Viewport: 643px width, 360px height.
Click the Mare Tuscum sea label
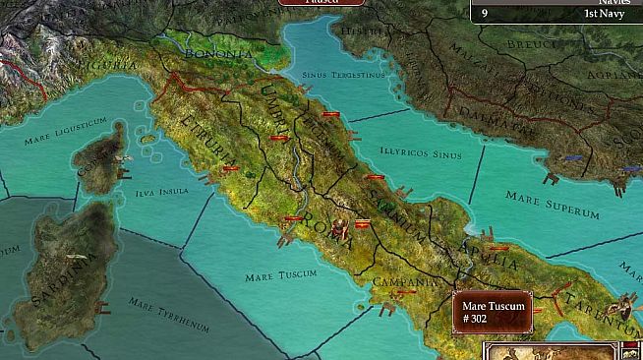273,276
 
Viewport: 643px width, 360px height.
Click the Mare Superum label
552,205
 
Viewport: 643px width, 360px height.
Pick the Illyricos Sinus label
420,153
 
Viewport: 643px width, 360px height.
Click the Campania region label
404,281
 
